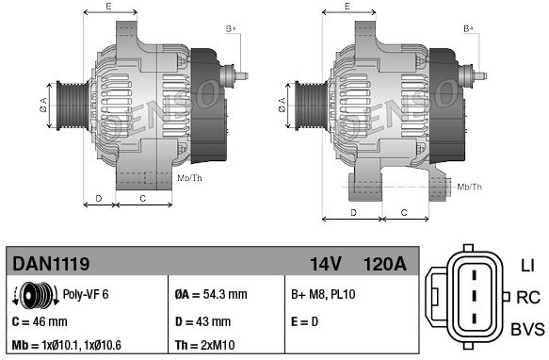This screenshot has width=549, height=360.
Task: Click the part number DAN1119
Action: (x=51, y=263)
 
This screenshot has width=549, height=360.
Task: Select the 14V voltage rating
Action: (x=325, y=264)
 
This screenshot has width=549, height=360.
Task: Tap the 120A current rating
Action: (x=385, y=264)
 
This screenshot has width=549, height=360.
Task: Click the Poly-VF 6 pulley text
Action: (x=86, y=294)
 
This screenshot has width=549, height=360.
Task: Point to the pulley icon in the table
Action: (x=36, y=295)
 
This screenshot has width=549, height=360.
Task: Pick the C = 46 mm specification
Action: (x=40, y=321)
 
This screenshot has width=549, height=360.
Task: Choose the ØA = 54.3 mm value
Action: (x=211, y=294)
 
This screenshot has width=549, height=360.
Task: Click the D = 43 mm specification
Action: (x=202, y=321)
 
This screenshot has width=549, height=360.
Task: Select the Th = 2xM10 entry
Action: (x=205, y=345)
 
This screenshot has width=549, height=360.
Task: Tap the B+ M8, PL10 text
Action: (x=323, y=294)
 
